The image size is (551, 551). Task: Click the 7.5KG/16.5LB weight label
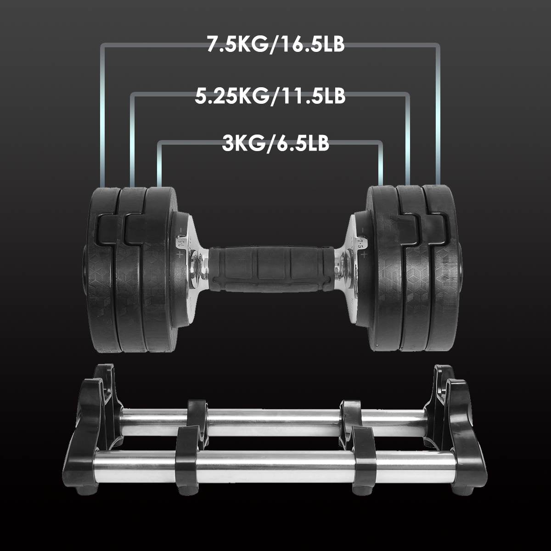click(x=275, y=44)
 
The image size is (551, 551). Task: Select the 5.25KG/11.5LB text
click(x=270, y=96)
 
